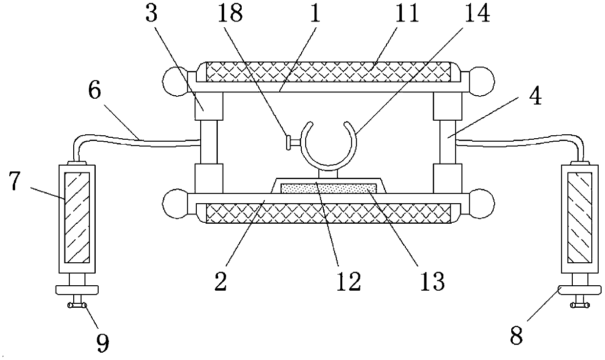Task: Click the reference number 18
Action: (x=230, y=14)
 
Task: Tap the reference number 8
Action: (x=517, y=336)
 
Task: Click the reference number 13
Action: (x=432, y=280)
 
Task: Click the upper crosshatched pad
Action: (x=328, y=72)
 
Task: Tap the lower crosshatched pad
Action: (x=328, y=213)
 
